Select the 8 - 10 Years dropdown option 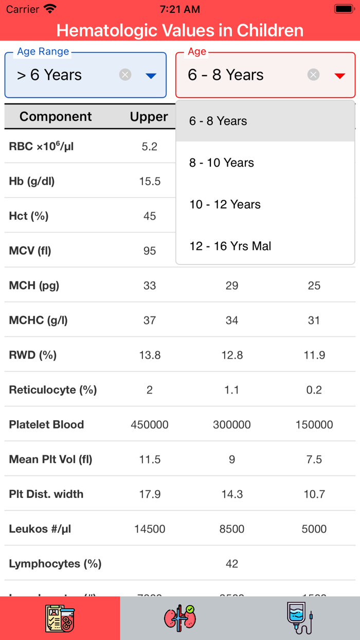[x=222, y=163]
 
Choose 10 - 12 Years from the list [x=225, y=204]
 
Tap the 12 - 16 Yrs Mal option [x=230, y=246]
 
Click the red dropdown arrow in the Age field [x=339, y=76]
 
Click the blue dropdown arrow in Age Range [x=151, y=76]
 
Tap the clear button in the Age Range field [x=125, y=75]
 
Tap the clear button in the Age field [x=313, y=75]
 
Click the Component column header [x=56, y=117]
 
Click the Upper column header [x=149, y=117]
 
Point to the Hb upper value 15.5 [x=150, y=181]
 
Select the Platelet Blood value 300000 [x=232, y=424]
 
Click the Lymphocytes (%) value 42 [x=232, y=563]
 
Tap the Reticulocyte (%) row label [x=52, y=389]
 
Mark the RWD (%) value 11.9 [x=314, y=355]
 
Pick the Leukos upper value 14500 [x=150, y=529]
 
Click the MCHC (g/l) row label [x=38, y=320]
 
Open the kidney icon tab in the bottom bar [x=180, y=617]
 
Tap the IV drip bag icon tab [x=300, y=617]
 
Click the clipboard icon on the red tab [x=60, y=617]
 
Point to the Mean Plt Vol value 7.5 [x=314, y=459]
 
